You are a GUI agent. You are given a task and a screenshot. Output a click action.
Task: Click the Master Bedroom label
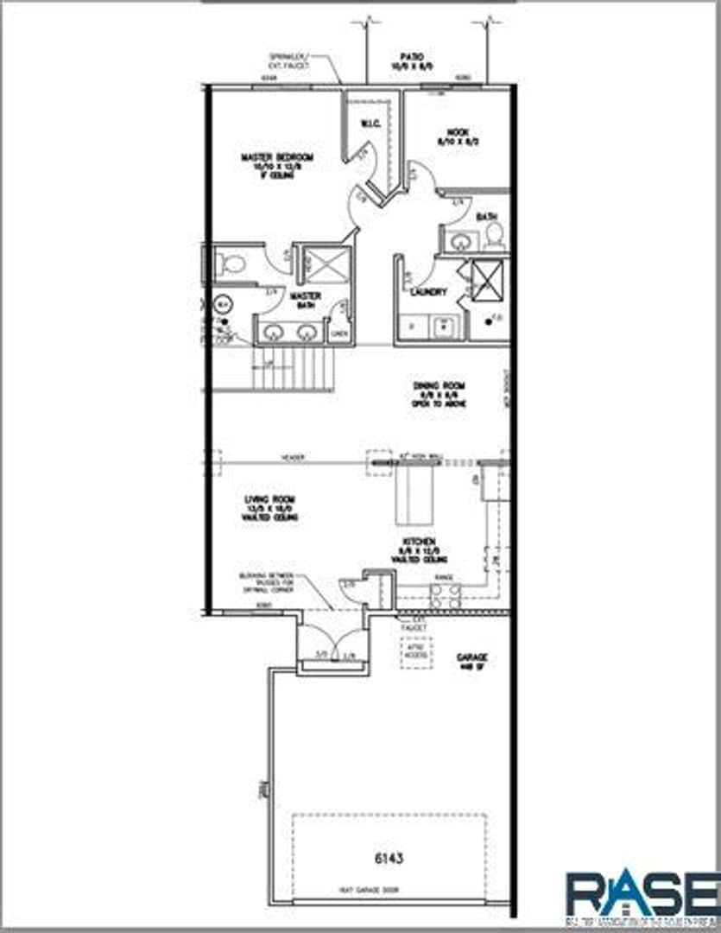pos(276,165)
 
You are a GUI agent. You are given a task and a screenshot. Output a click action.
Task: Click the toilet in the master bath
pos(230,265)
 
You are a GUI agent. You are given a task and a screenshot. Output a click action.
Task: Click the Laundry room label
pos(428,292)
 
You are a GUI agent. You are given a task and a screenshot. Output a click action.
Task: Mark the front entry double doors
pos(333,644)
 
